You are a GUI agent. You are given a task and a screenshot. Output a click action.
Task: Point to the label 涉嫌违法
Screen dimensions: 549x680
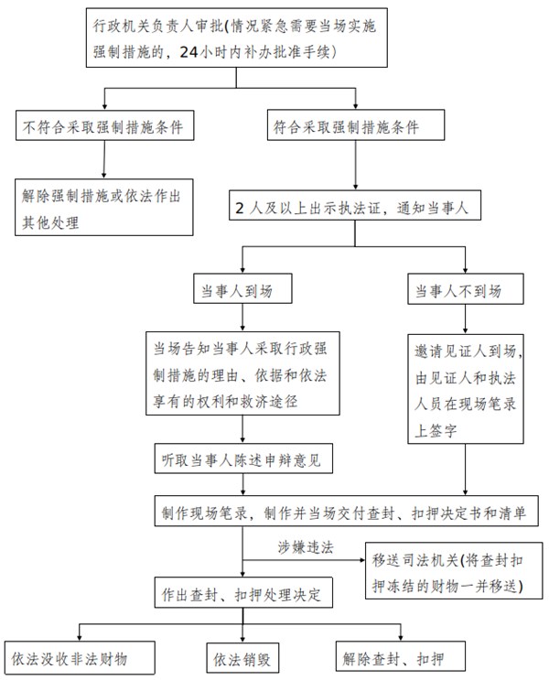pos(306,547)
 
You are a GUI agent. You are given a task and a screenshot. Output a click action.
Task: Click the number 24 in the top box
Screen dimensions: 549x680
pos(188,52)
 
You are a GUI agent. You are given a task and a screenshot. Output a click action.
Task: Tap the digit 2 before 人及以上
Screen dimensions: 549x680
pos(240,208)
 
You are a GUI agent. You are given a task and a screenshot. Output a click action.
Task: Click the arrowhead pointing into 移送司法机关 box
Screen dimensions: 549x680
pos(362,560)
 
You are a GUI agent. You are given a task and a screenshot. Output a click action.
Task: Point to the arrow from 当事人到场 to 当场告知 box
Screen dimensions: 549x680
pos(242,318)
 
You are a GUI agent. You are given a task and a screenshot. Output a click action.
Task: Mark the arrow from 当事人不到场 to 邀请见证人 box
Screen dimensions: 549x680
pos(466,319)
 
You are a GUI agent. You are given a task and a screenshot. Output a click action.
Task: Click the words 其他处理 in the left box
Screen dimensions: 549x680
pos(50,223)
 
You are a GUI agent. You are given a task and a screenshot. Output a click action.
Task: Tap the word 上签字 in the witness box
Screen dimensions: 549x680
pos(436,431)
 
